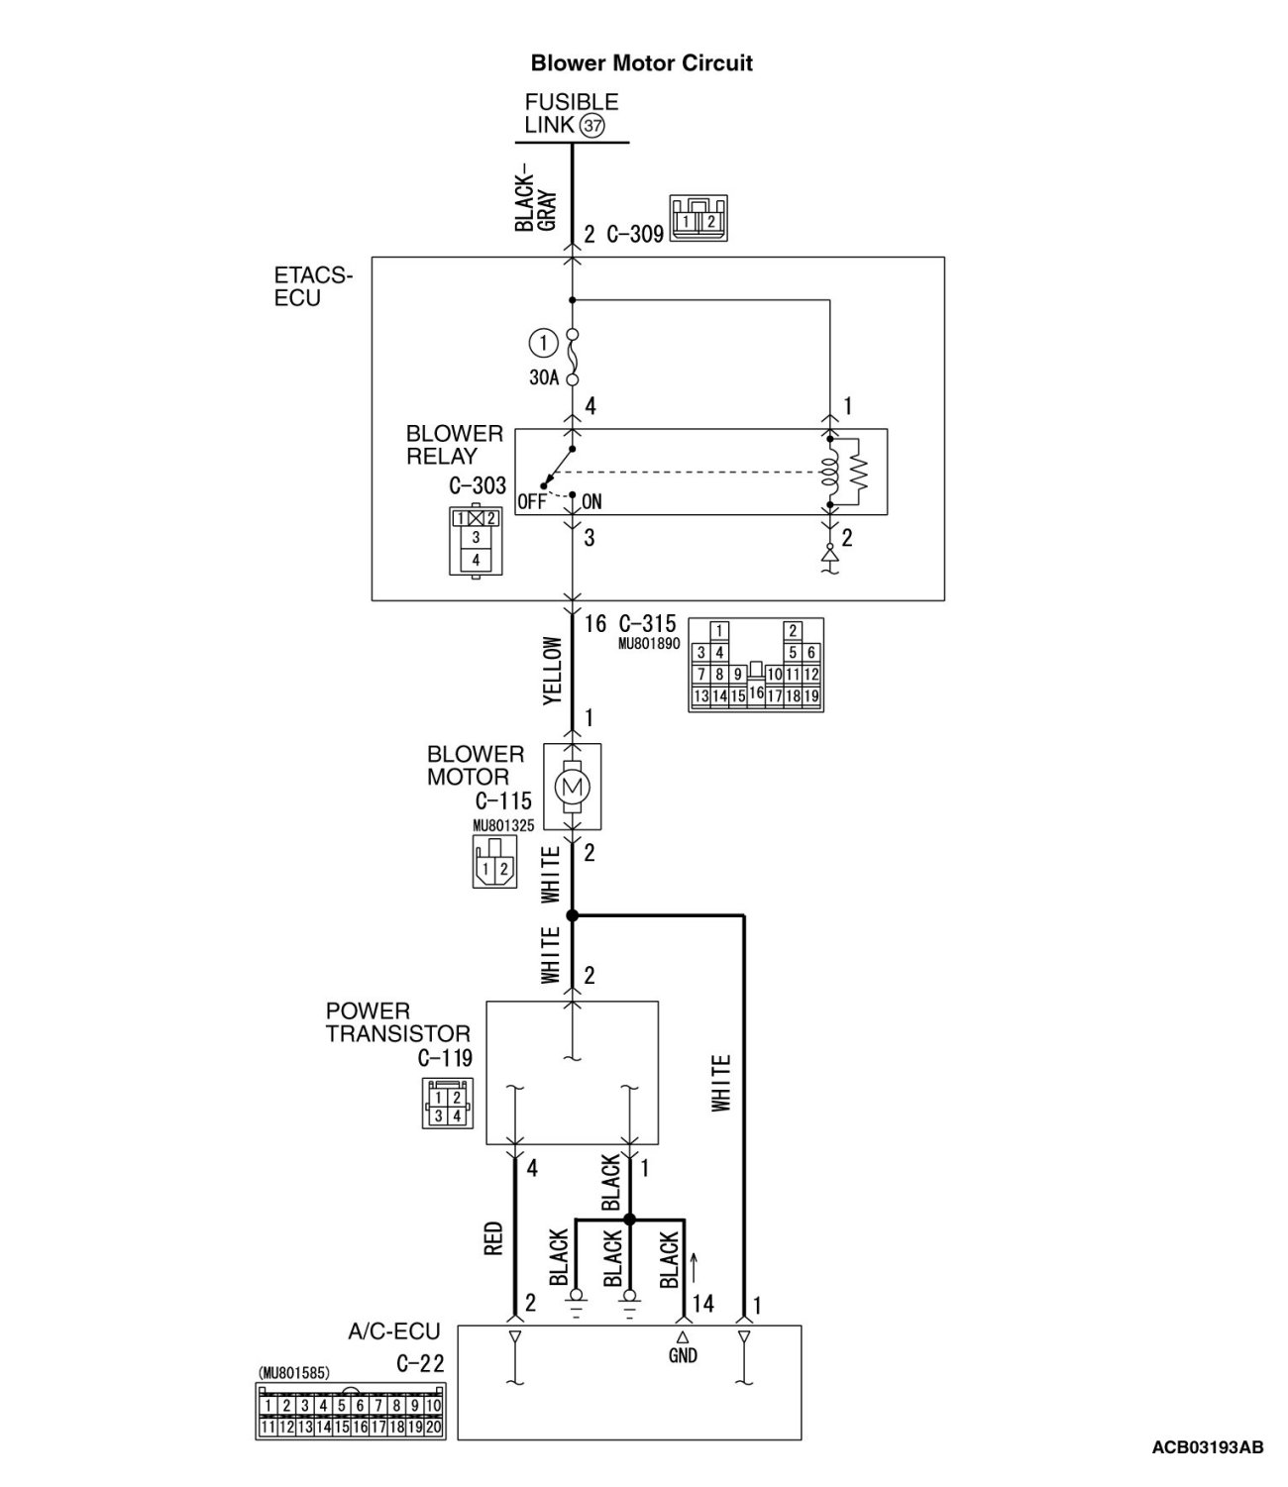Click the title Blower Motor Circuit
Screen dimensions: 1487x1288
pos(641,63)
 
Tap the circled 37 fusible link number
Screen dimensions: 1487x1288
pos(592,126)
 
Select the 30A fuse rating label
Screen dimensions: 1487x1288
pos(544,377)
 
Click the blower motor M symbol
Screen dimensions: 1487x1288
pos(573,787)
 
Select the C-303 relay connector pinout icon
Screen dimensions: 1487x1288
pos(476,540)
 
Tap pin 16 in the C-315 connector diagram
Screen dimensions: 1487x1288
pos(756,692)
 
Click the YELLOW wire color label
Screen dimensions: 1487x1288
pos(553,671)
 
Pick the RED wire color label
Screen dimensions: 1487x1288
pos(494,1238)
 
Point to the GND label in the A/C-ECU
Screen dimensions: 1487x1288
pos(683,1355)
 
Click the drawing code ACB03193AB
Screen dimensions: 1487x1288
pos(1207,1447)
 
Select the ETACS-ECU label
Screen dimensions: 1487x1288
pos(313,286)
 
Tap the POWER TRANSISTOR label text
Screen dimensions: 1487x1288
pos(397,1022)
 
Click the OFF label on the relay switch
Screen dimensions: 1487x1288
pos(531,501)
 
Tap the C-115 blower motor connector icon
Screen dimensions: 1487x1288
pos(493,861)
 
